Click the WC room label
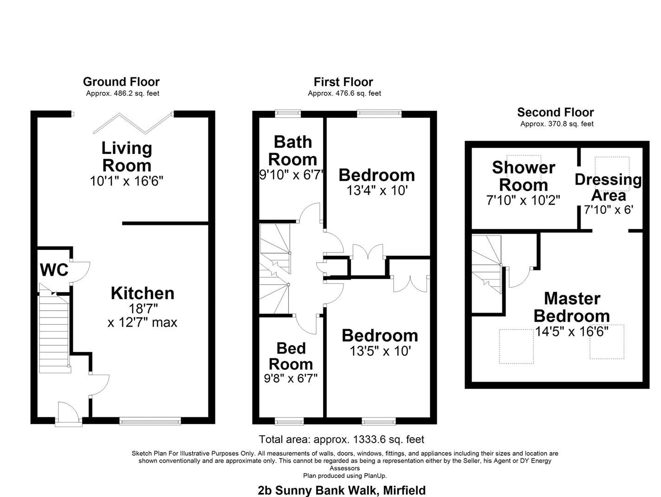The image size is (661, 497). click(54, 270)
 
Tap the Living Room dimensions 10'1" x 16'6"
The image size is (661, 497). click(127, 181)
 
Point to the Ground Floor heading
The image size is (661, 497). click(121, 82)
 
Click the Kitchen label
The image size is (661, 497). click(143, 293)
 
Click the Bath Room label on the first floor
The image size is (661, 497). click(292, 150)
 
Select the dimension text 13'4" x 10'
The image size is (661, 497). click(377, 191)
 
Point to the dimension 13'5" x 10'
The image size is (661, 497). click(380, 351)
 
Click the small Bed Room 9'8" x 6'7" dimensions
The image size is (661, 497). click(291, 379)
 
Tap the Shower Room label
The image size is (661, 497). click(523, 176)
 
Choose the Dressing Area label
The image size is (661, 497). click(608, 187)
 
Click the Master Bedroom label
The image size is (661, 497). click(572, 307)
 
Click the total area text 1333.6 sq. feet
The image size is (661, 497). click(342, 439)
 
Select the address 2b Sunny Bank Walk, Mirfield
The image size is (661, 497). click(342, 490)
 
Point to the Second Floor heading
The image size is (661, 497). click(556, 112)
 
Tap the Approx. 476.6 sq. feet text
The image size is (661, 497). click(344, 93)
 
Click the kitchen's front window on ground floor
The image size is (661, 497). click(150, 421)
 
